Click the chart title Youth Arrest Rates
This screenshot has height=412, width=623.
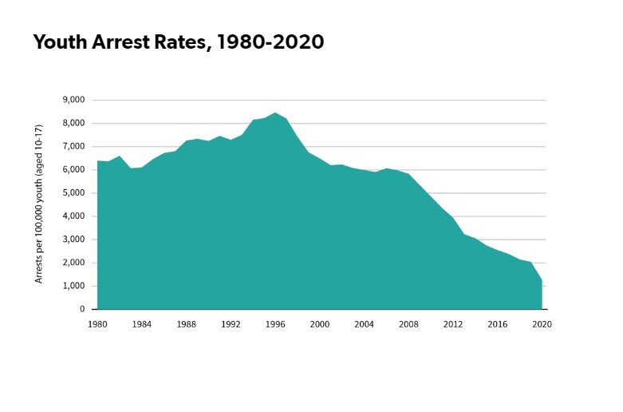179,43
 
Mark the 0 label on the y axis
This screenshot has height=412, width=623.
81,309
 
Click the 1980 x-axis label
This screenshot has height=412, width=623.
97,324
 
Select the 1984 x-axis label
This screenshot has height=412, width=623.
142,324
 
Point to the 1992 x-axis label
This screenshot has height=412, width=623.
231,324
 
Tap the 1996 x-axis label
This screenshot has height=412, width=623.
275,324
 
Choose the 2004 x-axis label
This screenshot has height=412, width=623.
365,324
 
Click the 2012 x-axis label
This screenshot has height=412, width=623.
453,324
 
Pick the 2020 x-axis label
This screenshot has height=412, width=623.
542,324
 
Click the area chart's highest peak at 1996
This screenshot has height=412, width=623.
275,113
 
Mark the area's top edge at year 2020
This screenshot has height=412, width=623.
542,280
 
